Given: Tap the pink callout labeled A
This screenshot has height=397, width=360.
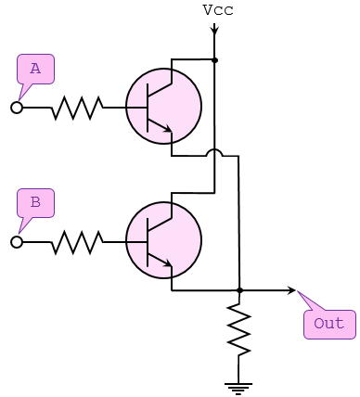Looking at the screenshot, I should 35,69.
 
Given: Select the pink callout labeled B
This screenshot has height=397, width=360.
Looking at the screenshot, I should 35,202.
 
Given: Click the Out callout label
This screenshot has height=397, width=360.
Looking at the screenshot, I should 328,324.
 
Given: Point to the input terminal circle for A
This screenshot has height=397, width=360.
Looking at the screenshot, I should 17,108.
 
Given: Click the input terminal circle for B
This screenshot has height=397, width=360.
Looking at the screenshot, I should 17,242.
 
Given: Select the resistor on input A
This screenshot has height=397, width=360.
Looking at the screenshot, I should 76,108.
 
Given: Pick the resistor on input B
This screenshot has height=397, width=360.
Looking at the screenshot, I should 76,242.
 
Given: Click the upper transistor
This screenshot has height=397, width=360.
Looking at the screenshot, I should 163,107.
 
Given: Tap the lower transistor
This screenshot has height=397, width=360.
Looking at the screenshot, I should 163,241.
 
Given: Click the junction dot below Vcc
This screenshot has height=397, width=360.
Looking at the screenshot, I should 215,60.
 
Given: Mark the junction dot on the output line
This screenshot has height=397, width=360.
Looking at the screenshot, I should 239,290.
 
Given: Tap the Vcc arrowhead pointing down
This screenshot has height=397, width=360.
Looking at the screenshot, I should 215,31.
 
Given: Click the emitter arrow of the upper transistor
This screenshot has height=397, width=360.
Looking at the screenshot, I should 167,131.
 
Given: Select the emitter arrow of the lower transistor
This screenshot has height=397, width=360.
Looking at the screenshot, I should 167,265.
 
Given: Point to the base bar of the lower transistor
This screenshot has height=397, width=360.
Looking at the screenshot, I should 149,241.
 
